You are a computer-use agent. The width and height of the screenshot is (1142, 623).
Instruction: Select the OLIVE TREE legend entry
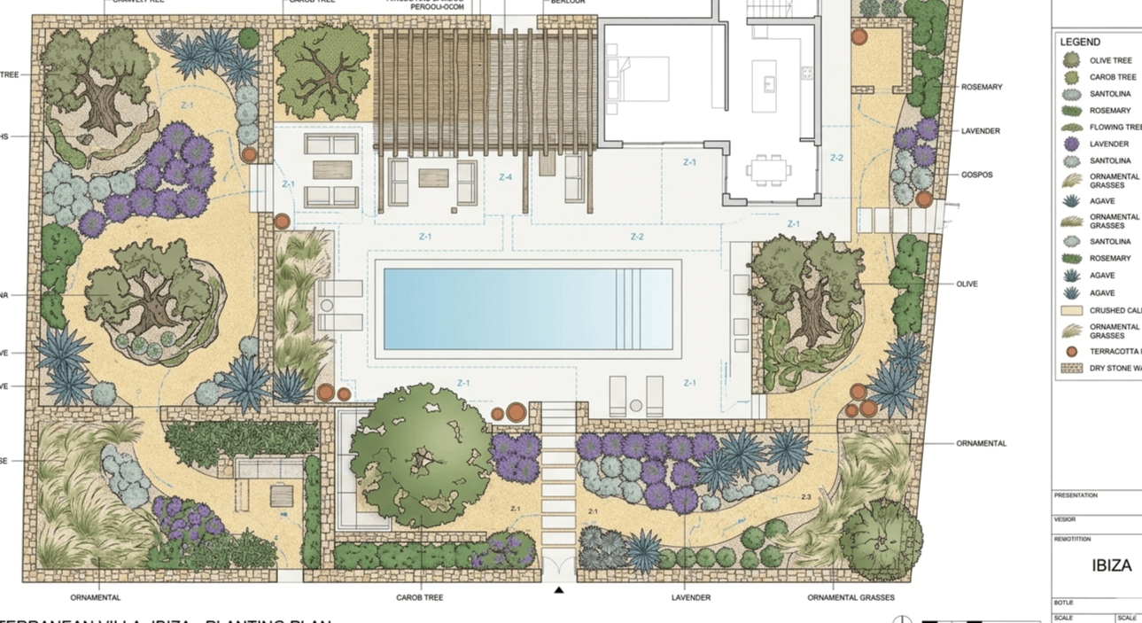(x=1110, y=60)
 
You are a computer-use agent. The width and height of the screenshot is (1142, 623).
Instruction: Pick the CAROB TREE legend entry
(x=1112, y=77)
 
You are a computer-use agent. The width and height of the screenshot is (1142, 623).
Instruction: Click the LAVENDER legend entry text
(x=1108, y=144)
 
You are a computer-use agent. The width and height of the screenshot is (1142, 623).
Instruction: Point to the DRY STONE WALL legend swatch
(x=1072, y=368)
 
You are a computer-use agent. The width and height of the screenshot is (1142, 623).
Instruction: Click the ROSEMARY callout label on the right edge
(x=982, y=87)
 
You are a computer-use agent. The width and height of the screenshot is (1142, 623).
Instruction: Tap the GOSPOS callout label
(x=976, y=175)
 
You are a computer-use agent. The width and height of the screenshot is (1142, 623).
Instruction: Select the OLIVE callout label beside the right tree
(x=967, y=284)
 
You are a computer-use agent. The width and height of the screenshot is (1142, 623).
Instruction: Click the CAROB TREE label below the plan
(x=419, y=597)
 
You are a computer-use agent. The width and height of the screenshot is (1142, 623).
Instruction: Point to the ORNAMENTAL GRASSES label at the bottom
(x=851, y=597)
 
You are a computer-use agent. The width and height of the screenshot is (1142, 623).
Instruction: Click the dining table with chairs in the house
(x=765, y=168)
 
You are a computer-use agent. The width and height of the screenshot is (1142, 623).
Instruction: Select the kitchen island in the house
(x=765, y=85)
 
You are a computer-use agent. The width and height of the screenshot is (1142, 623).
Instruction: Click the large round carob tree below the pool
(x=421, y=456)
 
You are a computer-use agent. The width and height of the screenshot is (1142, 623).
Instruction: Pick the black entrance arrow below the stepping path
(x=559, y=590)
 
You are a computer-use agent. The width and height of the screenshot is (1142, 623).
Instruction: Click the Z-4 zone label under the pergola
(x=505, y=177)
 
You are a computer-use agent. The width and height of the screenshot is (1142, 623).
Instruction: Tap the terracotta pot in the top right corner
(x=859, y=37)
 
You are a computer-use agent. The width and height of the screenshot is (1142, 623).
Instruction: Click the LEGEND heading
(x=1080, y=42)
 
